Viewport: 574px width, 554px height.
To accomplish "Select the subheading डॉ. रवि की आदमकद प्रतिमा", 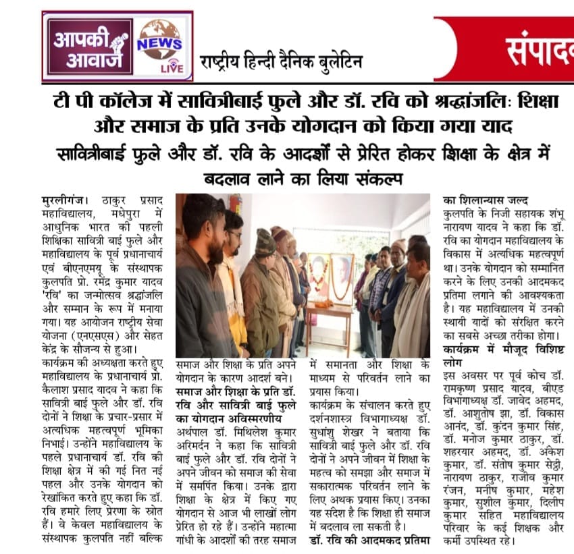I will (370, 541).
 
